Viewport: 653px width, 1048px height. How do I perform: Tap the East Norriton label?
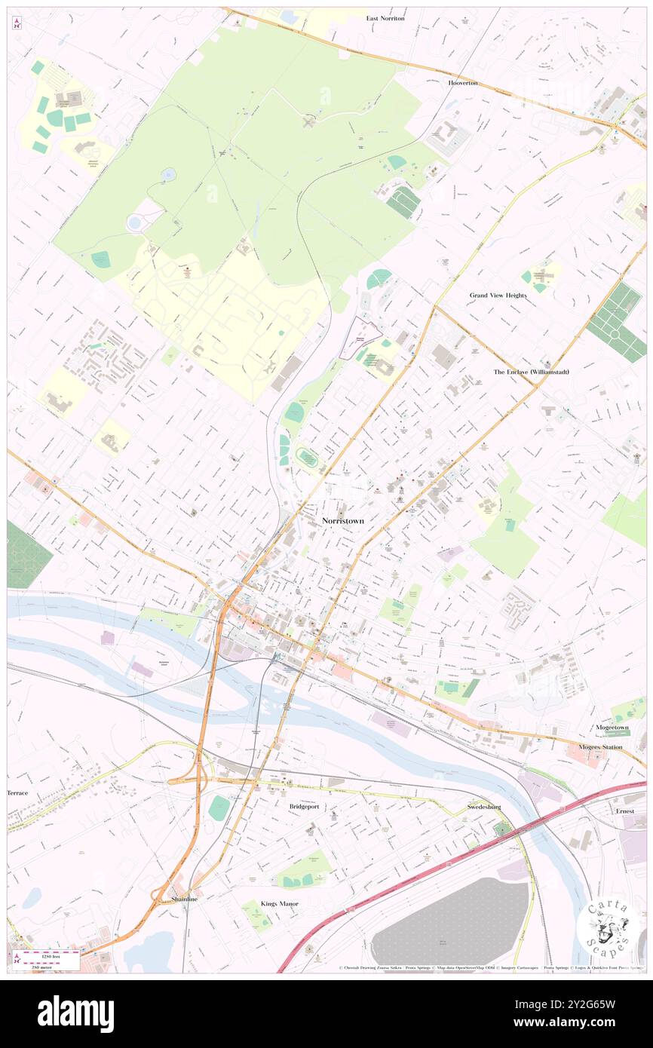coord(385,18)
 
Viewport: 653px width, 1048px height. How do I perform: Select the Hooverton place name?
coord(463,83)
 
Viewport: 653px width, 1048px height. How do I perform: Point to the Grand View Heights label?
coord(498,296)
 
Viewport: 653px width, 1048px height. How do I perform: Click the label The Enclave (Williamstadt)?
coord(531,372)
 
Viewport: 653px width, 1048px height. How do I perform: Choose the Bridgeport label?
coord(304,806)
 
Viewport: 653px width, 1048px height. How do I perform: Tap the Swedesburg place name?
coord(484,806)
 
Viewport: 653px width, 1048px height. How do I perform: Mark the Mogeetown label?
coord(612,728)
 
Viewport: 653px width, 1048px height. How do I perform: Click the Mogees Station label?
coord(600,747)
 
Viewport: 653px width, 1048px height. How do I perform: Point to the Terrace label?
coord(17,793)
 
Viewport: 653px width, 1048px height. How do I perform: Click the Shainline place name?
coord(184,899)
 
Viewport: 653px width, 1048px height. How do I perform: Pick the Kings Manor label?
coord(280,903)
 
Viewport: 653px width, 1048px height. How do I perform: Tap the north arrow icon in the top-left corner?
coord(17,23)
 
